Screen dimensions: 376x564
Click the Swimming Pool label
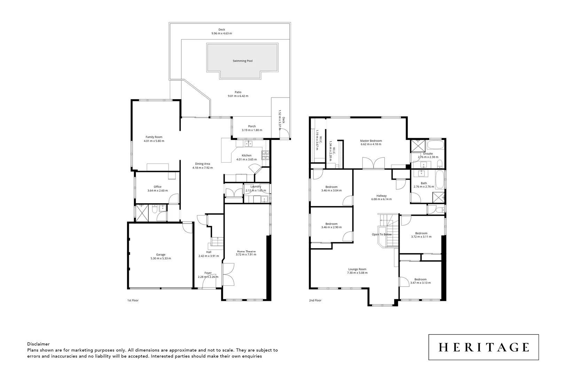[243, 61]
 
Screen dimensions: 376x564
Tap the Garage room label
[160, 254]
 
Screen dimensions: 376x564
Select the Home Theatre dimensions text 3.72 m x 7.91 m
[246, 254]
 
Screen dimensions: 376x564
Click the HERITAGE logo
[484, 347]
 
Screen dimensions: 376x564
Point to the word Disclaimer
[38, 344]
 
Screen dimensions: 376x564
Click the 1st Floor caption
[133, 300]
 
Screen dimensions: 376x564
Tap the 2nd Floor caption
[315, 300]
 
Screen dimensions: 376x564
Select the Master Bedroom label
[371, 141]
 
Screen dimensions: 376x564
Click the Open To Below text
[382, 234]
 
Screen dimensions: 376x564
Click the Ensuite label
[428, 154]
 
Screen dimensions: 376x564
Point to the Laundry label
[256, 187]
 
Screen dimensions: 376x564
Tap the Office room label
[157, 187]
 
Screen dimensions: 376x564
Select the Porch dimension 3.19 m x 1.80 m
[252, 130]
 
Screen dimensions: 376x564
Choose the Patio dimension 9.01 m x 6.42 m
[238, 96]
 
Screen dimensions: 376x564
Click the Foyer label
[208, 273]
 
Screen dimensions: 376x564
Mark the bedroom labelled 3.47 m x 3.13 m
[420, 283]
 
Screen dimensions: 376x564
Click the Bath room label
[424, 183]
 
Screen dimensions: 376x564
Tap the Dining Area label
[202, 164]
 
